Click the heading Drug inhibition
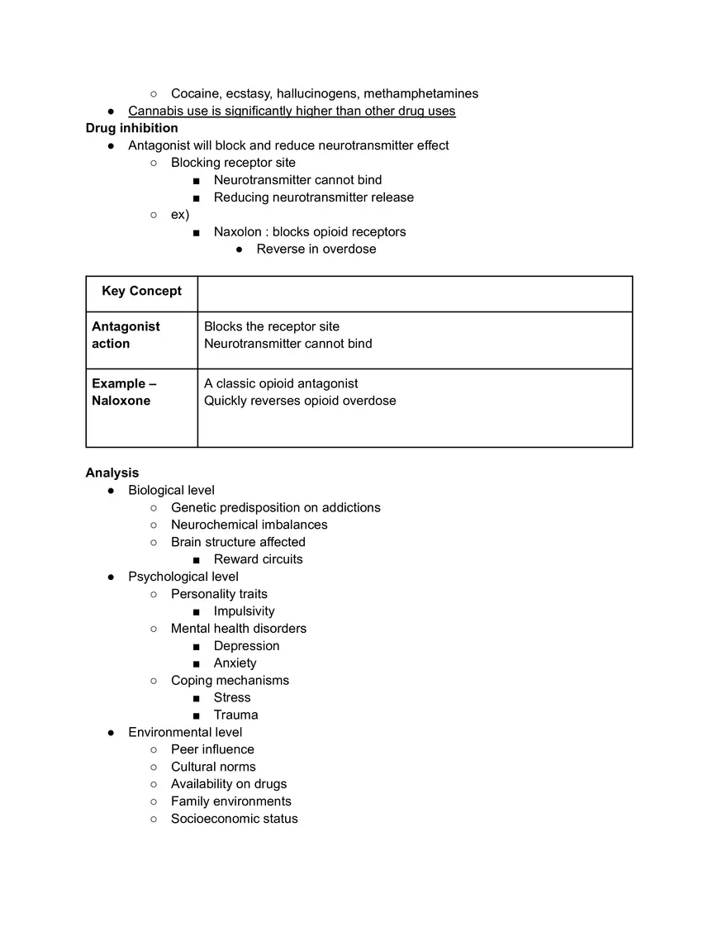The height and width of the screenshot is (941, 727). (131, 128)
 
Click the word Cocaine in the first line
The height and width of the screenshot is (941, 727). (195, 93)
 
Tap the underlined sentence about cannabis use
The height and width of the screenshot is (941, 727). (292, 111)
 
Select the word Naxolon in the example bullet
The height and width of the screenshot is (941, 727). (238, 232)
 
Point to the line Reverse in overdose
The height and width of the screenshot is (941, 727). (316, 250)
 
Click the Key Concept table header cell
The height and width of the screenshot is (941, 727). (141, 291)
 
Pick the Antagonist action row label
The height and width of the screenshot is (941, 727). (126, 335)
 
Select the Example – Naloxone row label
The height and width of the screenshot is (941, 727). (124, 392)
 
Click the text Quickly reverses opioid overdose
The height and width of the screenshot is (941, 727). (300, 401)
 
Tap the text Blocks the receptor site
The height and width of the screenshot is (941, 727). (272, 326)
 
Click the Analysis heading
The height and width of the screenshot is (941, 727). (112, 473)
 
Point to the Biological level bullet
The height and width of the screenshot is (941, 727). (171, 490)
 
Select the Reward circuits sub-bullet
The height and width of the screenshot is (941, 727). (258, 559)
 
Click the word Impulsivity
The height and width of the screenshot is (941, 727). (244, 611)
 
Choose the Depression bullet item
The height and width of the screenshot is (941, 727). (246, 646)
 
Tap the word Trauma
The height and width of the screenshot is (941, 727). (235, 715)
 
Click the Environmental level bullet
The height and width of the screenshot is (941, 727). (185, 732)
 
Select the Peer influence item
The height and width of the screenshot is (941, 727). (212, 749)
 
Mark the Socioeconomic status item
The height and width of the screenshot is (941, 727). (234, 819)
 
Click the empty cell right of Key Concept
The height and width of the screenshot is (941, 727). (415, 294)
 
